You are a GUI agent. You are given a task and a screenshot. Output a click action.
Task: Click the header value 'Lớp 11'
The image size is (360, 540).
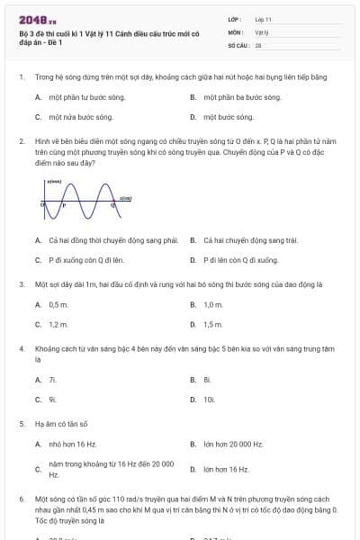pos(264,19)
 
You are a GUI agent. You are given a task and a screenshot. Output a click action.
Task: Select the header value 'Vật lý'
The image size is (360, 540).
pos(261,31)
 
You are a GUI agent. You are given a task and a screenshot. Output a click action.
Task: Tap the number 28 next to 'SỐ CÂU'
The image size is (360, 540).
pos(258,44)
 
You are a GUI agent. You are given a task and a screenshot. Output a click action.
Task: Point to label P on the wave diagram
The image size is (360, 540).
pos(63,206)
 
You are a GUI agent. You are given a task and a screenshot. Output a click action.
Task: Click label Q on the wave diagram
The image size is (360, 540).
pos(112,206)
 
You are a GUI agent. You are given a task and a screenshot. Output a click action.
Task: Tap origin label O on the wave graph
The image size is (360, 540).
pos(41,205)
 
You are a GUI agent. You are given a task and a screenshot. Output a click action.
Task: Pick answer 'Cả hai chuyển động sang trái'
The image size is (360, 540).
pos(238,240)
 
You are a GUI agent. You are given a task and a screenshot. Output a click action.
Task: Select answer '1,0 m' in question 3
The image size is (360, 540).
pos(213,305)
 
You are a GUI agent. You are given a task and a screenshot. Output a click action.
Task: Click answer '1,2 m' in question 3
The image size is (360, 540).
pos(58,324)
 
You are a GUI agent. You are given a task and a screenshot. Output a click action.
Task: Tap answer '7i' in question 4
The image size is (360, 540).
pos(53,380)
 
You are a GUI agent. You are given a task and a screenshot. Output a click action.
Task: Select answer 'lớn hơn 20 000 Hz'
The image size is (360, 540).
pos(233,445)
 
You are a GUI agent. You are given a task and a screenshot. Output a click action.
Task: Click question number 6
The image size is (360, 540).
pos(21,497)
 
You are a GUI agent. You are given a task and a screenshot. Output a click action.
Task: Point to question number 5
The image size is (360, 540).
pos(21,423)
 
